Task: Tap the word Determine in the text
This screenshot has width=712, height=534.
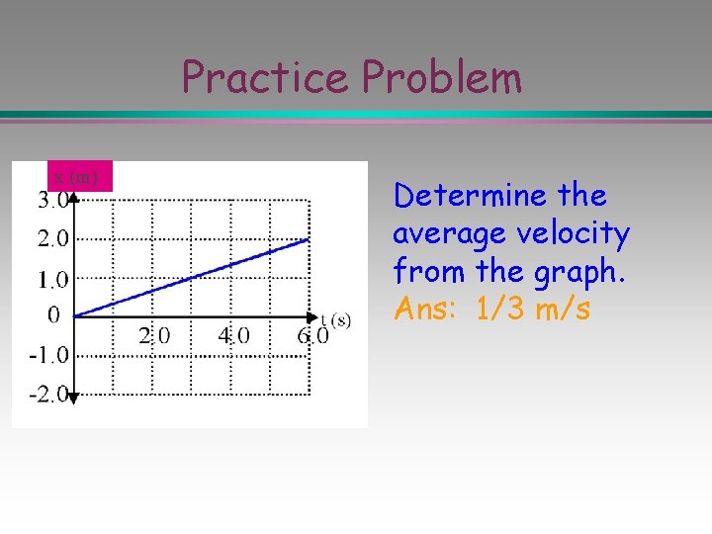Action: pos(469,196)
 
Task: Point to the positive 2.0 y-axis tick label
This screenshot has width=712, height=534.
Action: pos(53,238)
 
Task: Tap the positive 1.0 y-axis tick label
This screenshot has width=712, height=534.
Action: pos(53,279)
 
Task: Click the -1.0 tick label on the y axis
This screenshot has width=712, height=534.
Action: pos(49,354)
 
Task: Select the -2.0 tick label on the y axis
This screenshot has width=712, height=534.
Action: pos(49,395)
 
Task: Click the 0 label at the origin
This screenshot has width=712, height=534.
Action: pos(53,315)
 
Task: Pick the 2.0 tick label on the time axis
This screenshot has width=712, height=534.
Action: pos(153,335)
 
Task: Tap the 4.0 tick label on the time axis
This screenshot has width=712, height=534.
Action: pos(233,335)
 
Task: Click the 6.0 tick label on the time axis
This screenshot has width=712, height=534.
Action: pos(312,335)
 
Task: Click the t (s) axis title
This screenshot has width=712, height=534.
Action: pos(335,318)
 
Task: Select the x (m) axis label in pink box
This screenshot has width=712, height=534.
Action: pos(76,176)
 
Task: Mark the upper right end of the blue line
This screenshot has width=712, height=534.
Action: pos(310,238)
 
